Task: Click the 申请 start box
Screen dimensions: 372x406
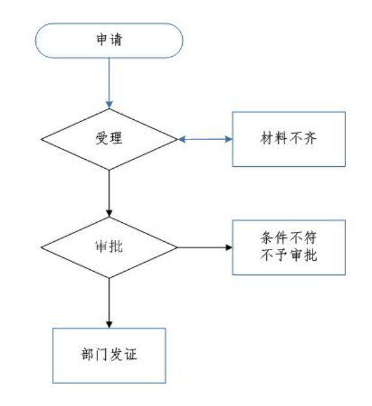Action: [109, 40]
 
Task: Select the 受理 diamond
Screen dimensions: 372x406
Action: [109, 139]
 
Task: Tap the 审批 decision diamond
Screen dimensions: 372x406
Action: [109, 247]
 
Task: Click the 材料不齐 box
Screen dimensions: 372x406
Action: [288, 139]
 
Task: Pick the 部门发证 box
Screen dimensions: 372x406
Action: [109, 356]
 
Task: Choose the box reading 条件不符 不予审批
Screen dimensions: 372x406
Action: [288, 247]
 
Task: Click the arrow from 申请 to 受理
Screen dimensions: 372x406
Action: [109, 83]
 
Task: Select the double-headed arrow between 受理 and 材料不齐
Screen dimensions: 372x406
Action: [205, 139]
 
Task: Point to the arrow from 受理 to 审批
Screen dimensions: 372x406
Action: [109, 194]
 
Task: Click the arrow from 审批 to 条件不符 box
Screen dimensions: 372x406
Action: [205, 248]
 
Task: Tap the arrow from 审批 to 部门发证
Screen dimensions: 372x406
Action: [109, 303]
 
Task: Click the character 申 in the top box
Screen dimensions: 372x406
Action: [102, 40]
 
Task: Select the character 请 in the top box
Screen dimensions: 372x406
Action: [116, 40]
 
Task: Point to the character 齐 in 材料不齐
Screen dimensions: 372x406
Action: [310, 138]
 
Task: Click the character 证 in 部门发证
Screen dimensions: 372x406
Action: [131, 354]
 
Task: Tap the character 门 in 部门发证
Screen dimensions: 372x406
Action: [102, 354]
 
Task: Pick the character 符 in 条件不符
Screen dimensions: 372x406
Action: [310, 237]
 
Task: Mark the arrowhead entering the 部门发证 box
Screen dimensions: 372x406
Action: [109, 325]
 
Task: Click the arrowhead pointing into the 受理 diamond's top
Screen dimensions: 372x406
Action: [109, 105]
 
